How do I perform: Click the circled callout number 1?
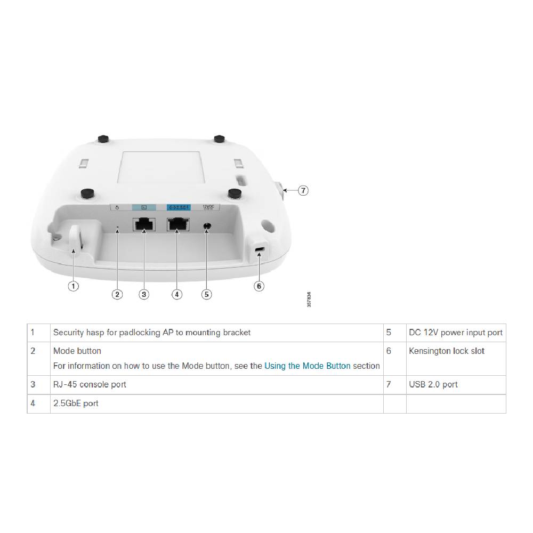(x=74, y=286)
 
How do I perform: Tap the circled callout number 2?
(x=117, y=294)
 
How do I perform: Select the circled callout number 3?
(x=144, y=294)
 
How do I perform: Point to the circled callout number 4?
(x=177, y=294)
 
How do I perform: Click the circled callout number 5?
(x=207, y=294)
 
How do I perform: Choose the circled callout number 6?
(x=259, y=286)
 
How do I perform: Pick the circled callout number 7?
(x=303, y=190)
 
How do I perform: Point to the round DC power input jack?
(x=207, y=227)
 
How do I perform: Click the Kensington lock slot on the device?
(x=260, y=250)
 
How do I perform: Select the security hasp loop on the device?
(x=75, y=238)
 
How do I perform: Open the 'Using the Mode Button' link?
(x=308, y=366)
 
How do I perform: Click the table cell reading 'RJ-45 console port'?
(x=90, y=384)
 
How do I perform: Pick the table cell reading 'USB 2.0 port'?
(x=433, y=384)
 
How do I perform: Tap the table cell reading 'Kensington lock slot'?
(x=447, y=351)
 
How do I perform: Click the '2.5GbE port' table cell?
(x=76, y=403)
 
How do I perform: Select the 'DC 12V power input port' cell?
(x=456, y=333)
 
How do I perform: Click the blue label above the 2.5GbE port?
(x=176, y=206)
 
